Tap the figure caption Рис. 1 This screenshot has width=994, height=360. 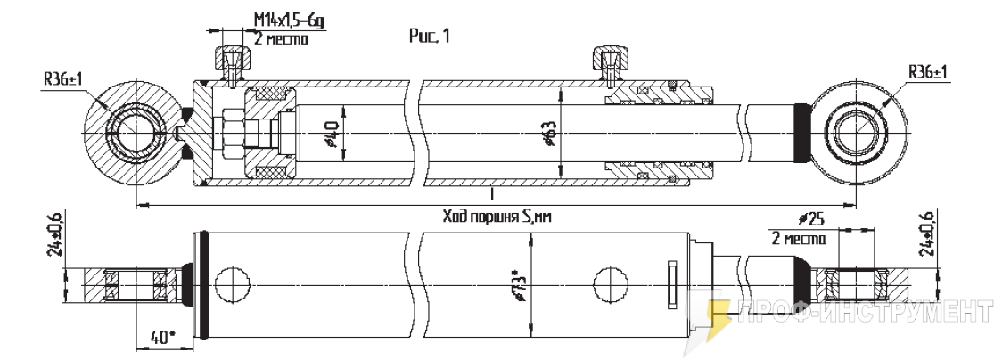430,37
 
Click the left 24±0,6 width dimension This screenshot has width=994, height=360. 57,236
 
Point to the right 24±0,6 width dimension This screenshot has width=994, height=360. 927,236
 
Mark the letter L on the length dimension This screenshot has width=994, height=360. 493,193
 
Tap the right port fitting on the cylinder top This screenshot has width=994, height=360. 609,65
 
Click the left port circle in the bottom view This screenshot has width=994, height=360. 232,283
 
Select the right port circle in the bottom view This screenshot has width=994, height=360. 611,283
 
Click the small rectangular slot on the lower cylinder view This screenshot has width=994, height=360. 673,286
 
